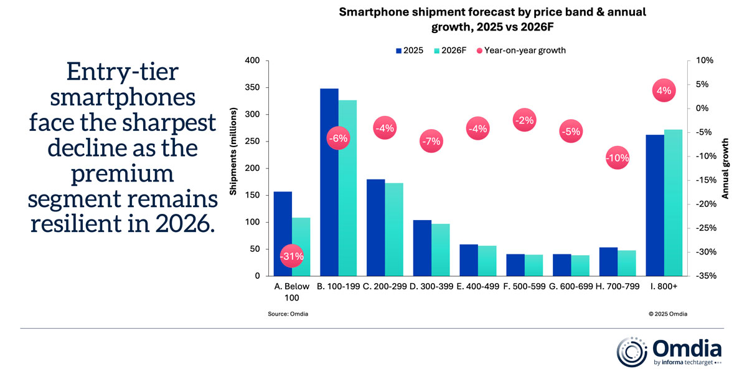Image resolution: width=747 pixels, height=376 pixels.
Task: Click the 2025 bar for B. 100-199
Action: click(329, 182)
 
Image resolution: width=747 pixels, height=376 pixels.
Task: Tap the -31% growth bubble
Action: click(291, 256)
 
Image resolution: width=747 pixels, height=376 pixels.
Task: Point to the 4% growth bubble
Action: click(664, 90)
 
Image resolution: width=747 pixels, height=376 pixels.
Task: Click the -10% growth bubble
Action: click(617, 158)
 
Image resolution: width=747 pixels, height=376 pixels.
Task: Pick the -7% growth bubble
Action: click(431, 141)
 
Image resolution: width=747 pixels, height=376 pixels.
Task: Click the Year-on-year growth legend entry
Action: click(521, 51)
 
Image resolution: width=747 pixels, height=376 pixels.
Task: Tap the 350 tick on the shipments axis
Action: click(251, 87)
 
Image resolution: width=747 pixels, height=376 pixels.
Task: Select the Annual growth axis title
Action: click(725, 168)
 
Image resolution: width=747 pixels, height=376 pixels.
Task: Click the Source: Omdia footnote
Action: click(288, 314)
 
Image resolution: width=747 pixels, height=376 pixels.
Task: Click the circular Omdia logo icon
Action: click(631, 352)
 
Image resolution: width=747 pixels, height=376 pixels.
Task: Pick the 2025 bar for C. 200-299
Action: click(376, 228)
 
